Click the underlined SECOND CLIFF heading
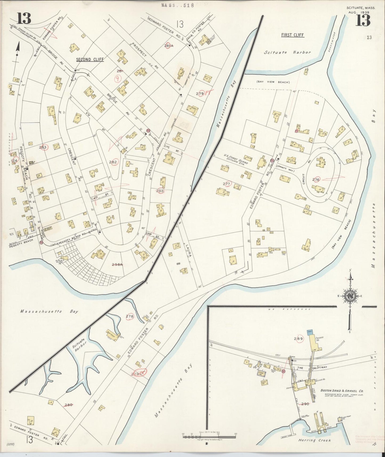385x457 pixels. click(x=90, y=59)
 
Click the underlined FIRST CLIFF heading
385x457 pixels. click(x=292, y=35)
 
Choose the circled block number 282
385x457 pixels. click(x=113, y=162)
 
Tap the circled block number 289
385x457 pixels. click(x=298, y=339)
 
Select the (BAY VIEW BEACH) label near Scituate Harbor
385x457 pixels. click(x=273, y=82)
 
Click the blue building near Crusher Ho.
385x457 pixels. click(x=310, y=332)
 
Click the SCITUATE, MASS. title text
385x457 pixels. click(x=361, y=8)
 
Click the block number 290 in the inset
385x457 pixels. click(x=305, y=404)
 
